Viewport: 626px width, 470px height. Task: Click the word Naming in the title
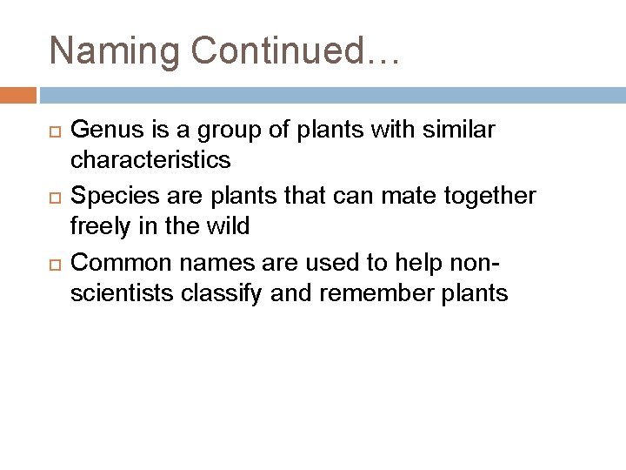[116, 51]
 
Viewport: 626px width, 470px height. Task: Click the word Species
[110, 196]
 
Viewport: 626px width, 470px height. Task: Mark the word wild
[228, 227]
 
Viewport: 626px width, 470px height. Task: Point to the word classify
[224, 292]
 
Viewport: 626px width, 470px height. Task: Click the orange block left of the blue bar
[18, 95]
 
